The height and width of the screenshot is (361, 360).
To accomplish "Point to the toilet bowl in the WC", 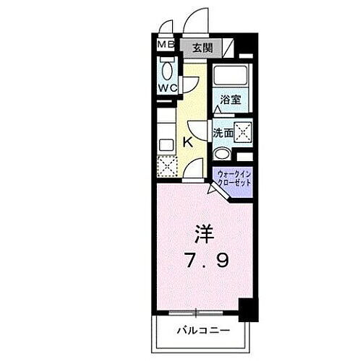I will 167,72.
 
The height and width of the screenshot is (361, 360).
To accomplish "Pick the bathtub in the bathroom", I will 230,77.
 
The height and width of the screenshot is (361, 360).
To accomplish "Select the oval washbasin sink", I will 222,154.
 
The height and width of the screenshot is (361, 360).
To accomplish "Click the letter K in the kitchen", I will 187,142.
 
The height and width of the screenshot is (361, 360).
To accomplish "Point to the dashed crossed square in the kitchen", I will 167,167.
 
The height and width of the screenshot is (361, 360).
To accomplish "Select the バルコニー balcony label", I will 205,331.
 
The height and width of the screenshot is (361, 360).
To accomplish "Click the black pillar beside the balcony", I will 249,310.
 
